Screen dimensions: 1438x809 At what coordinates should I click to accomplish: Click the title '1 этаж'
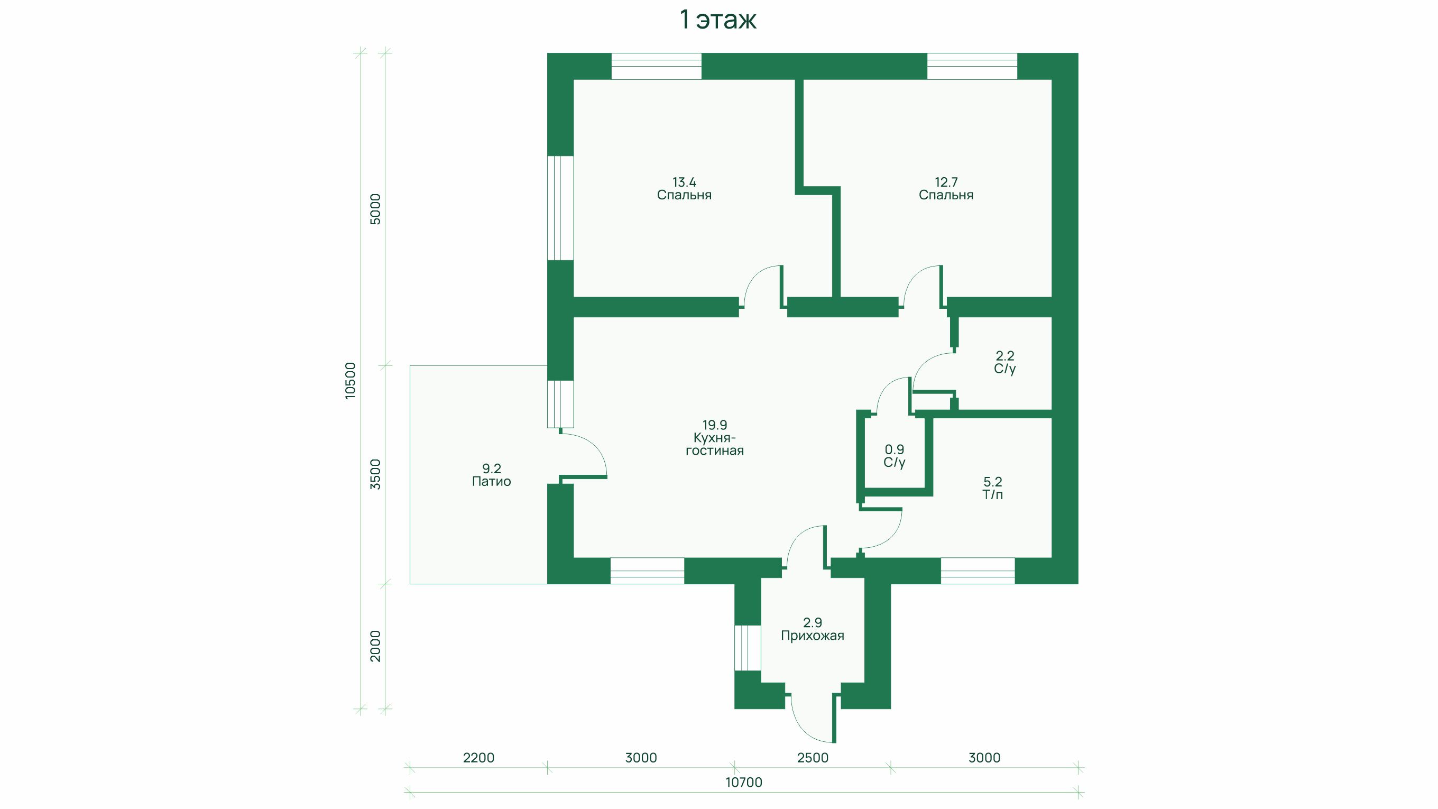[718, 21]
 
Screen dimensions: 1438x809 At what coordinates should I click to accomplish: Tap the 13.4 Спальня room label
[685, 189]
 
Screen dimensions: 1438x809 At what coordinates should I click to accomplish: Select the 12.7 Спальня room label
[946, 189]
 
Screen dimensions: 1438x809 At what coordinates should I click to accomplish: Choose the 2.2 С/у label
[1005, 362]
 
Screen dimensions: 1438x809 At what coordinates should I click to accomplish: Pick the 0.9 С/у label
[895, 456]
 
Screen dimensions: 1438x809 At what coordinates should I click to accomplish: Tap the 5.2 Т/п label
[992, 488]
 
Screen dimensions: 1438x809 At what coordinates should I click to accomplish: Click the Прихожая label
[812, 636]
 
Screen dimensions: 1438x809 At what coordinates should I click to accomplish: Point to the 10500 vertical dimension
[350, 380]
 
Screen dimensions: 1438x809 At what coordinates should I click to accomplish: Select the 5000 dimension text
[376, 209]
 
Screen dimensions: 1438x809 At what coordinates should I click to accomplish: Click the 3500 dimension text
[376, 475]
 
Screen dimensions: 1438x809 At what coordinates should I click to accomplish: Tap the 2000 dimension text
[376, 646]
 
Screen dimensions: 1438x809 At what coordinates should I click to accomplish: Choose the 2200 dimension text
[479, 758]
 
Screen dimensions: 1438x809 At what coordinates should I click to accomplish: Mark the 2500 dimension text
[813, 758]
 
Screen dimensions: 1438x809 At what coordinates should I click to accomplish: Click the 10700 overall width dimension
[744, 782]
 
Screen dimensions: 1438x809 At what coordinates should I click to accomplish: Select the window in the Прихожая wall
[748, 648]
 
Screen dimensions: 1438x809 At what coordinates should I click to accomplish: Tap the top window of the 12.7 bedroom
[972, 67]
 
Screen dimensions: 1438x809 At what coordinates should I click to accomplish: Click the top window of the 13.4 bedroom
[657, 67]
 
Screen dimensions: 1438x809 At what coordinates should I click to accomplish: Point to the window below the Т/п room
[978, 571]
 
